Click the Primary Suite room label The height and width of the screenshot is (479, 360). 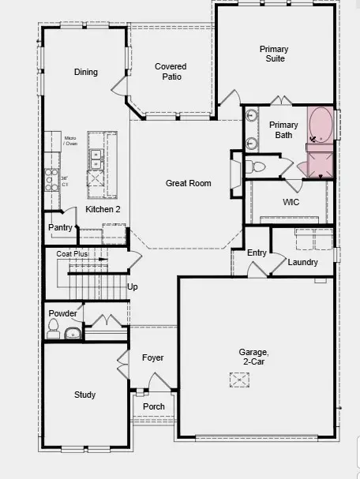pos(274,54)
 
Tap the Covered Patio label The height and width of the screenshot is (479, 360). pos(171,72)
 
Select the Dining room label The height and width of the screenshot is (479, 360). pos(86,73)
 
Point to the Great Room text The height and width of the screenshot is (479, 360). pos(189,183)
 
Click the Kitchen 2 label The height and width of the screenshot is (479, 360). pos(103,209)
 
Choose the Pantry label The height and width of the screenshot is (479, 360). pos(60,227)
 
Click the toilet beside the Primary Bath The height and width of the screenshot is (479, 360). pos(256,167)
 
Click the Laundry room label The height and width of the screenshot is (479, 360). pos(303,262)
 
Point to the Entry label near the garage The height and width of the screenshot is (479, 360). pos(257,253)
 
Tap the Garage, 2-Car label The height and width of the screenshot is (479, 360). pos(254,357)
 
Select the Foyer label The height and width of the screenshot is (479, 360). pos(153,357)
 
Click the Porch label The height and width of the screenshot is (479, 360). pos(154,406)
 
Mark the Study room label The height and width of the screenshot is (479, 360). pos(85,395)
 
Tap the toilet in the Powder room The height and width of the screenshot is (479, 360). pos(54,331)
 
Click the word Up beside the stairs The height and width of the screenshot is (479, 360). pos(133,286)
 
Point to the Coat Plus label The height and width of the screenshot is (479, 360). pos(72,254)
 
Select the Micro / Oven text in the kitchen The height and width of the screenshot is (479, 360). pos(70,141)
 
